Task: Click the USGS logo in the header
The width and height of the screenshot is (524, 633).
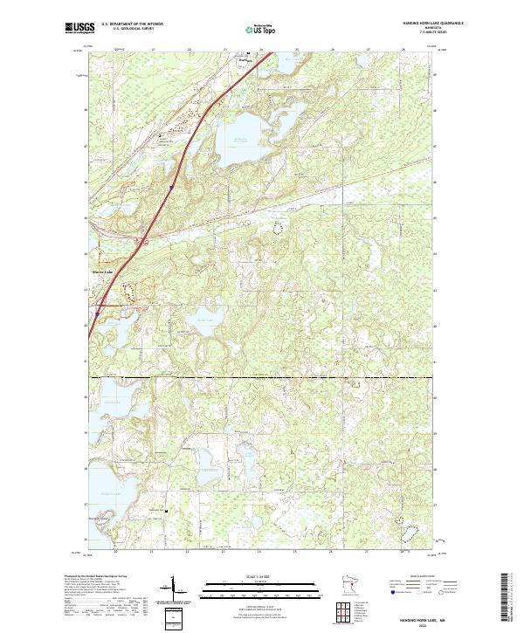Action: click(79, 29)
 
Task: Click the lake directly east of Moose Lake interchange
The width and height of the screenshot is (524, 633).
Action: click(203, 319)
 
